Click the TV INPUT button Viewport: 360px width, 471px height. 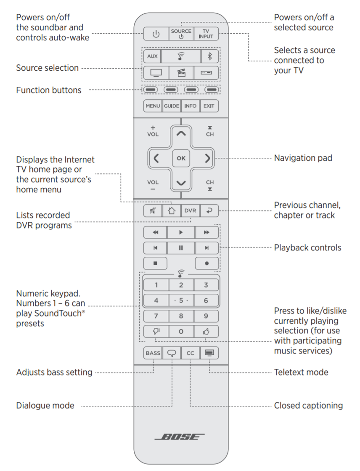point(206,34)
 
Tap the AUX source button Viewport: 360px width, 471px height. point(152,56)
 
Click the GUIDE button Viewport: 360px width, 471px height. point(171,106)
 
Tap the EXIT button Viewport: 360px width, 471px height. point(209,106)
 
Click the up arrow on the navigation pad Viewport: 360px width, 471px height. point(181,134)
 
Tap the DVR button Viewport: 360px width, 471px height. point(190,210)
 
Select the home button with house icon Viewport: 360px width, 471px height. point(171,210)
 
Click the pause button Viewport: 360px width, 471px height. point(181,248)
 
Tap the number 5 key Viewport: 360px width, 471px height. point(181,301)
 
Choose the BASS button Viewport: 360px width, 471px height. point(153,353)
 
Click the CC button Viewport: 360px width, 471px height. point(190,353)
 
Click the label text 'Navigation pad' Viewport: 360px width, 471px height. point(303,158)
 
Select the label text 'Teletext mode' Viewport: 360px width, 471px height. point(301,372)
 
